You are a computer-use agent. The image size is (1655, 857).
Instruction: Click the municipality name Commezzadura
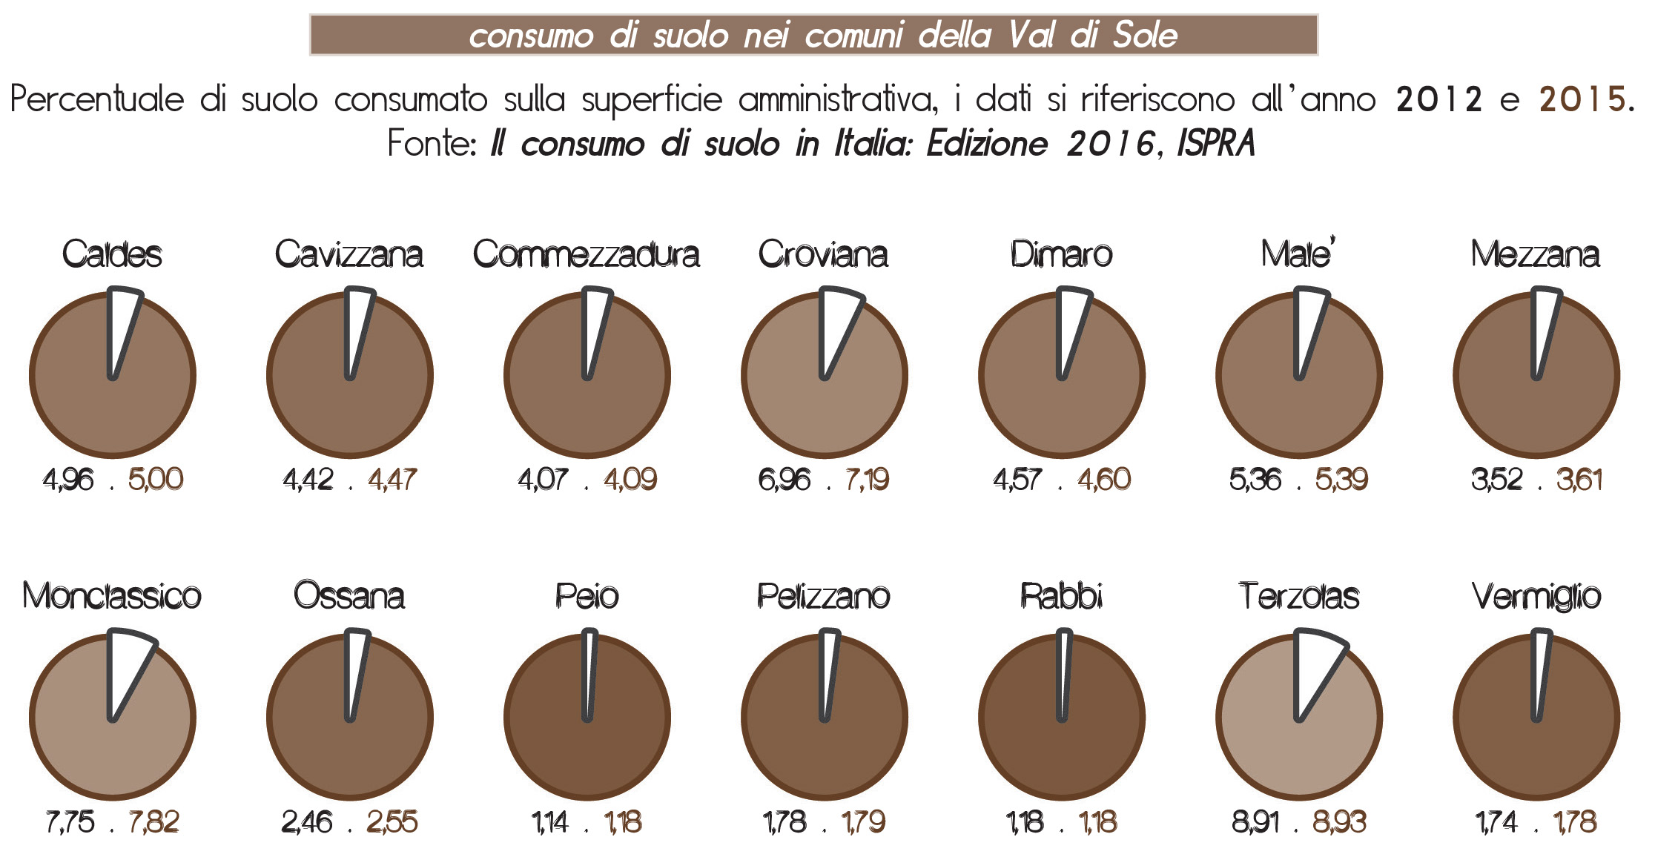(x=587, y=254)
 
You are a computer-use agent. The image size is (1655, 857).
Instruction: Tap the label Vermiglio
(x=1536, y=597)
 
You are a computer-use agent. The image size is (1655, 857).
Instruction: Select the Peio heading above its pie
(x=587, y=596)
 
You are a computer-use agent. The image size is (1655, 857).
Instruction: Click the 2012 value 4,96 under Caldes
(x=68, y=480)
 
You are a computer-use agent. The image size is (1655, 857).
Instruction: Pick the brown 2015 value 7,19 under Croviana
(x=867, y=480)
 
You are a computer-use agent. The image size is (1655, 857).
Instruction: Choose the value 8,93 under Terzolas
(x=1339, y=822)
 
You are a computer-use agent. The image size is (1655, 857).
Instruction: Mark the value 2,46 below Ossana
(x=307, y=822)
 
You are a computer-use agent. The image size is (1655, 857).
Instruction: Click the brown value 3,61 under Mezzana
(x=1579, y=480)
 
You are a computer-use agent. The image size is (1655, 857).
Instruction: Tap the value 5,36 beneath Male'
(x=1255, y=480)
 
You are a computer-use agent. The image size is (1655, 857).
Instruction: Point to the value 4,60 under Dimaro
(x=1104, y=480)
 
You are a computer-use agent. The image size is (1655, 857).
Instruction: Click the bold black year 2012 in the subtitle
(x=1439, y=99)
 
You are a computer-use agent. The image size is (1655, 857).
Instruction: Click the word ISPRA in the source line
(x=1216, y=143)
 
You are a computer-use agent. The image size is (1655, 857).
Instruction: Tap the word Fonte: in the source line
(x=432, y=143)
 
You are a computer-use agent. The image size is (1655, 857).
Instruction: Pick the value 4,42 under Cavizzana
(x=308, y=480)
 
